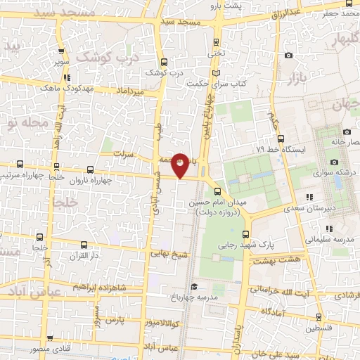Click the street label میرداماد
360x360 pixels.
129,91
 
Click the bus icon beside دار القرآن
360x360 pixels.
84,245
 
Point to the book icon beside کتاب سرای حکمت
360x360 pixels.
216,73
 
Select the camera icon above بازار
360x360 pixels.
288,56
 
